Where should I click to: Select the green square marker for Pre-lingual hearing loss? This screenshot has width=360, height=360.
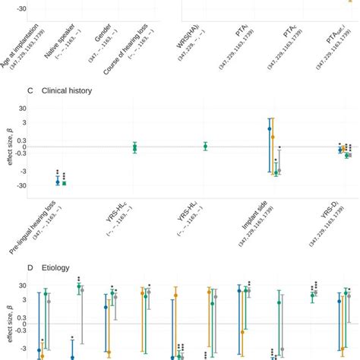[64, 183]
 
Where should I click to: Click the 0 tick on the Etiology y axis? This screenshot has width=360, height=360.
[24, 324]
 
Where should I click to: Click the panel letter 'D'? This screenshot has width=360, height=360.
[29, 267]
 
